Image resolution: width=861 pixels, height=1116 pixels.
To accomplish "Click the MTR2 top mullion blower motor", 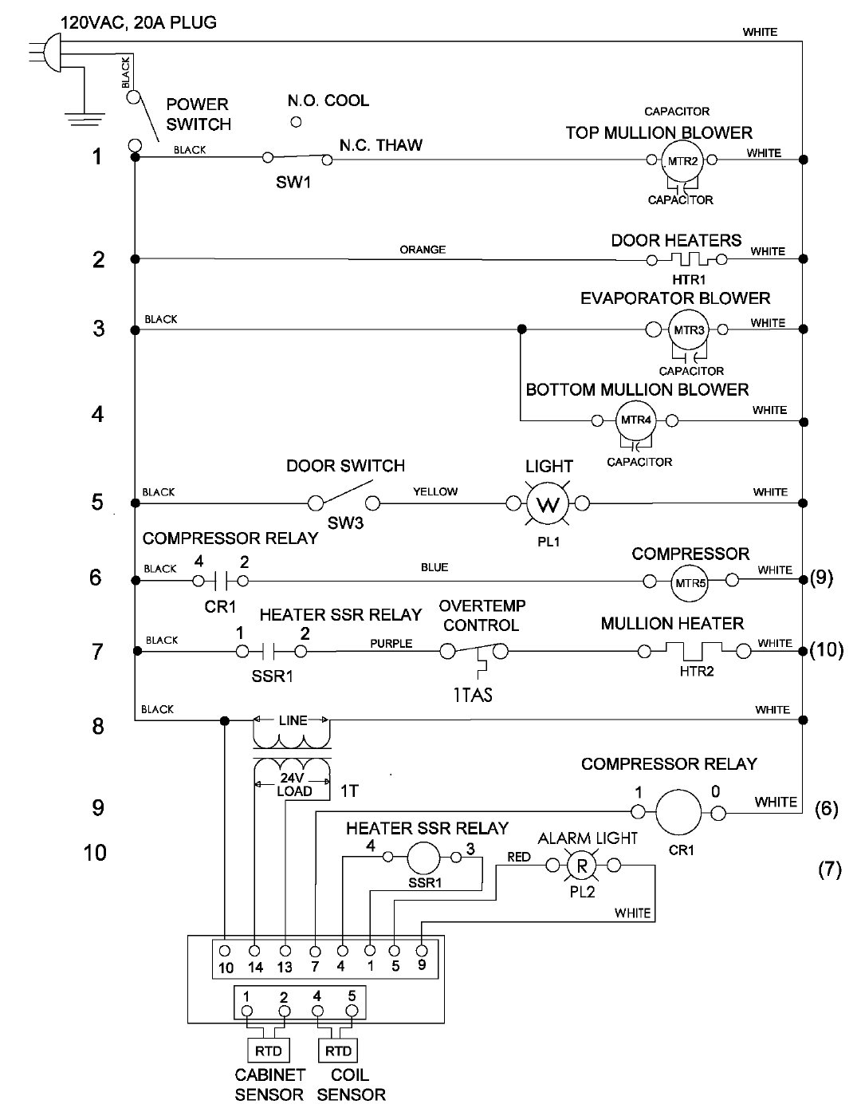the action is click(682, 161).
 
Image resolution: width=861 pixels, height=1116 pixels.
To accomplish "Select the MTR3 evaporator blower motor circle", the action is click(688, 329).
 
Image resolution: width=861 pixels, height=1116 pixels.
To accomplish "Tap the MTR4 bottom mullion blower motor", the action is click(635, 420).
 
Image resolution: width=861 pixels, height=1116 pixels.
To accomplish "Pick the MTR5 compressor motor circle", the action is click(690, 583).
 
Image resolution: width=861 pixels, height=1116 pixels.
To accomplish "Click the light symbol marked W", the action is click(548, 504).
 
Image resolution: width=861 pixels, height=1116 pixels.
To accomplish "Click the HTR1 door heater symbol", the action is click(686, 259).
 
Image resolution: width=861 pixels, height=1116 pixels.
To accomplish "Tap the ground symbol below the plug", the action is click(85, 119).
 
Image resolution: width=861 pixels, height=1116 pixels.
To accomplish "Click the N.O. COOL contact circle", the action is click(296, 122).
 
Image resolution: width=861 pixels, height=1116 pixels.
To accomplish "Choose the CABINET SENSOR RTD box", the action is click(269, 1051).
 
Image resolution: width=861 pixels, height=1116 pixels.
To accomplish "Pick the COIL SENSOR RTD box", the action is click(338, 1051).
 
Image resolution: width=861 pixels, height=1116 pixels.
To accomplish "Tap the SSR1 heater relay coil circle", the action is click(423, 858).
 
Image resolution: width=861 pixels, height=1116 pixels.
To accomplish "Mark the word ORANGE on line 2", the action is click(423, 250).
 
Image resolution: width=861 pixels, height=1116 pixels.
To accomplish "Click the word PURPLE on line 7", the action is click(391, 644).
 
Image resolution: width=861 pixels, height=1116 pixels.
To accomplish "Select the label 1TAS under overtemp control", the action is click(473, 695).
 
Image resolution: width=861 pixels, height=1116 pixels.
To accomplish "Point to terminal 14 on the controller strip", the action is click(254, 951).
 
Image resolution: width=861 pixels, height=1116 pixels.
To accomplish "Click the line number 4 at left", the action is click(97, 414).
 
